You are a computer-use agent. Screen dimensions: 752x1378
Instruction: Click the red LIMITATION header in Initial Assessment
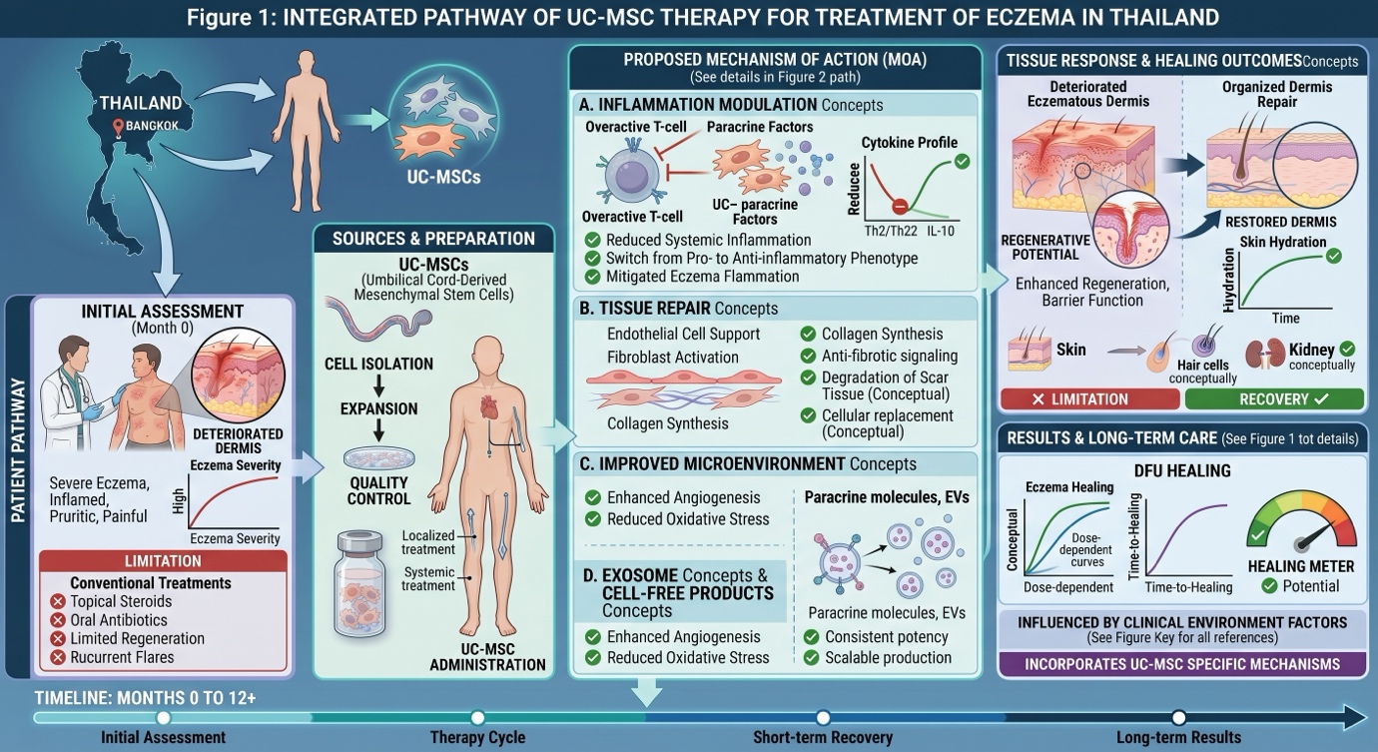pos(163,561)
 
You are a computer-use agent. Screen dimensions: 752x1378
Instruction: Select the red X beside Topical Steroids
pos(58,602)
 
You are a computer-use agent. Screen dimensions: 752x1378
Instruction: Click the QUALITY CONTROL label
pos(378,490)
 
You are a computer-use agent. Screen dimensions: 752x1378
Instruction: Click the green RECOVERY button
pos(1273,399)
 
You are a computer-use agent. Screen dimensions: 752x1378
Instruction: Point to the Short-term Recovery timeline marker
pos(823,718)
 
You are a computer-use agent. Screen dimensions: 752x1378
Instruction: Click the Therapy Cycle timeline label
pos(477,738)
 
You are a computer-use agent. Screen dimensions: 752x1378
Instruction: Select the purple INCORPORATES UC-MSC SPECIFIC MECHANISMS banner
pos(1181,664)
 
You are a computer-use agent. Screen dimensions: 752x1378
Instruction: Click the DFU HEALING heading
pos(1182,470)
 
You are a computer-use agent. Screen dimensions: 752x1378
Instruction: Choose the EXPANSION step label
pos(378,409)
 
